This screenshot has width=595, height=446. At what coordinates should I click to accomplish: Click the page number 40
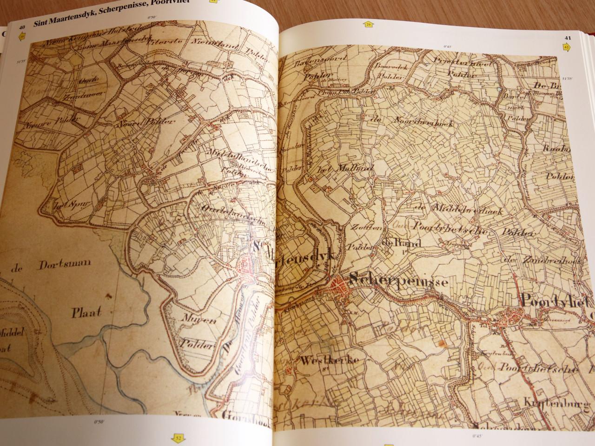click(x=21, y=27)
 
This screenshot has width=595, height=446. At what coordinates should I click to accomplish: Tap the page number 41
click(x=568, y=38)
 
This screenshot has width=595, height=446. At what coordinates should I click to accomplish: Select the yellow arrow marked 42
click(x=567, y=46)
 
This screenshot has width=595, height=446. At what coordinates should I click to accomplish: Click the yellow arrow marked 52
click(x=178, y=437)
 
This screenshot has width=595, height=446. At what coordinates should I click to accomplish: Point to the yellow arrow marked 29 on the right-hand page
click(x=369, y=25)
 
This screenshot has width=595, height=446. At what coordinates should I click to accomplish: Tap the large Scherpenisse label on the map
click(x=398, y=281)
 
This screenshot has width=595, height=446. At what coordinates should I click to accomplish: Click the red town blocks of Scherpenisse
click(x=341, y=290)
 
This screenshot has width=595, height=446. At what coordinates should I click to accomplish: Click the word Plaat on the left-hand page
click(x=86, y=312)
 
